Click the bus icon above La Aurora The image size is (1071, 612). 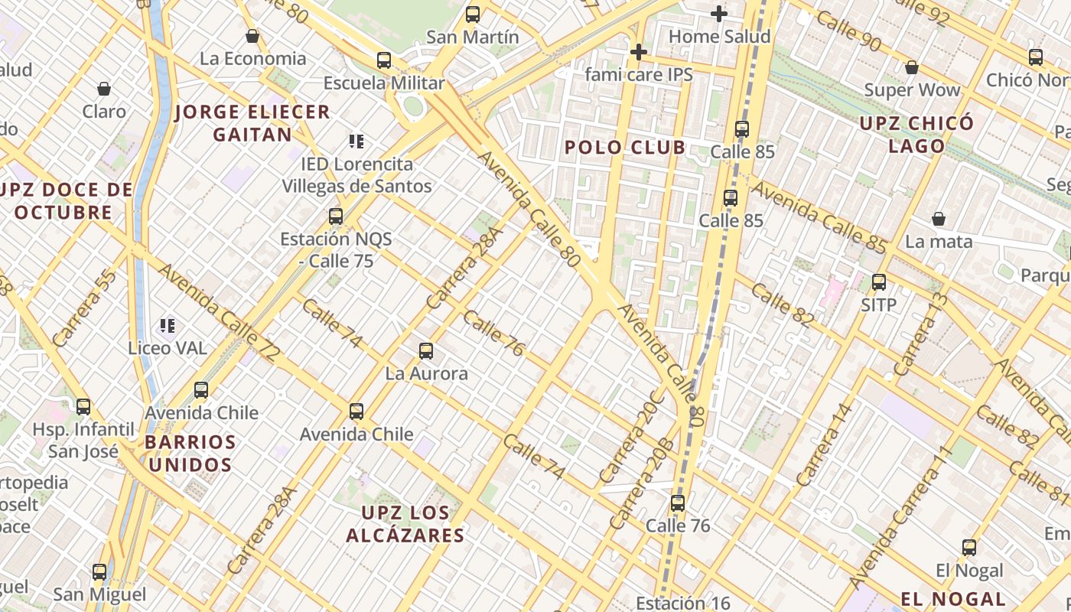[x=426, y=351]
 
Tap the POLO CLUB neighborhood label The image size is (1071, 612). [x=625, y=148]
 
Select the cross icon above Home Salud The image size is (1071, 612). [x=718, y=13]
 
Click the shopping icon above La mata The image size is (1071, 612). [x=939, y=219]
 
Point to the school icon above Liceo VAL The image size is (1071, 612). [x=168, y=326]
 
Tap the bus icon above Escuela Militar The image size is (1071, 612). [x=384, y=60]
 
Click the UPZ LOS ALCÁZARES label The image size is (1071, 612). [x=405, y=524]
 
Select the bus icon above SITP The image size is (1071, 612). [x=878, y=282]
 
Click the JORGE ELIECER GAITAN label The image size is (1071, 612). [x=252, y=123]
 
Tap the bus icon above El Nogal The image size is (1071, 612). [x=968, y=548]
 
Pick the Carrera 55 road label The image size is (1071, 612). [x=85, y=308]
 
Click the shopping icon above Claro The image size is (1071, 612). [x=104, y=89]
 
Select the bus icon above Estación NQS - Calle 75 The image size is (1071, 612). [x=335, y=216]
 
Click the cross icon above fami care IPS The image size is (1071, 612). [x=638, y=52]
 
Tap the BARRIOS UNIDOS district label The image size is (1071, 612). [x=190, y=453]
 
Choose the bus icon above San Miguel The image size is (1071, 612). [x=99, y=571]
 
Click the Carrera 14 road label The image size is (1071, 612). [x=824, y=444]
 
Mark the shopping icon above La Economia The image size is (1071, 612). [x=252, y=35]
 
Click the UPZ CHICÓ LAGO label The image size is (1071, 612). [x=916, y=134]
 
